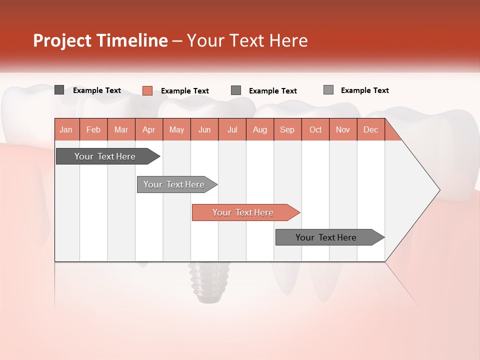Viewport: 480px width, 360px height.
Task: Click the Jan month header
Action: tap(66, 129)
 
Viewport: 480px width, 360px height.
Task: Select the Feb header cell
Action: tap(93, 129)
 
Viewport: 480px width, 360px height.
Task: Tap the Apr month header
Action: tap(149, 129)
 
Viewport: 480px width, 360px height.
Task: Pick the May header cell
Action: tap(176, 129)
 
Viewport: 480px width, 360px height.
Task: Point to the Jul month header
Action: tap(232, 129)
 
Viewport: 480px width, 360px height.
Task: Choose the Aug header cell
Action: tap(260, 129)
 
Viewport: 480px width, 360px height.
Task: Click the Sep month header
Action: tap(287, 129)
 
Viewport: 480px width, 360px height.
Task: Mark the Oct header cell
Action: tap(315, 129)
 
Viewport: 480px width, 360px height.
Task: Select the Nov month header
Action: tap(343, 129)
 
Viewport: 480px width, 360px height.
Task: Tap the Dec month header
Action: tap(371, 129)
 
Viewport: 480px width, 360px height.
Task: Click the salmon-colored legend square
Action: tap(147, 90)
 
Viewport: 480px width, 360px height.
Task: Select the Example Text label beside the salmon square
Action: tap(185, 91)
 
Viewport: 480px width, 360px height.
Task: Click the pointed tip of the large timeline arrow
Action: tap(438, 190)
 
